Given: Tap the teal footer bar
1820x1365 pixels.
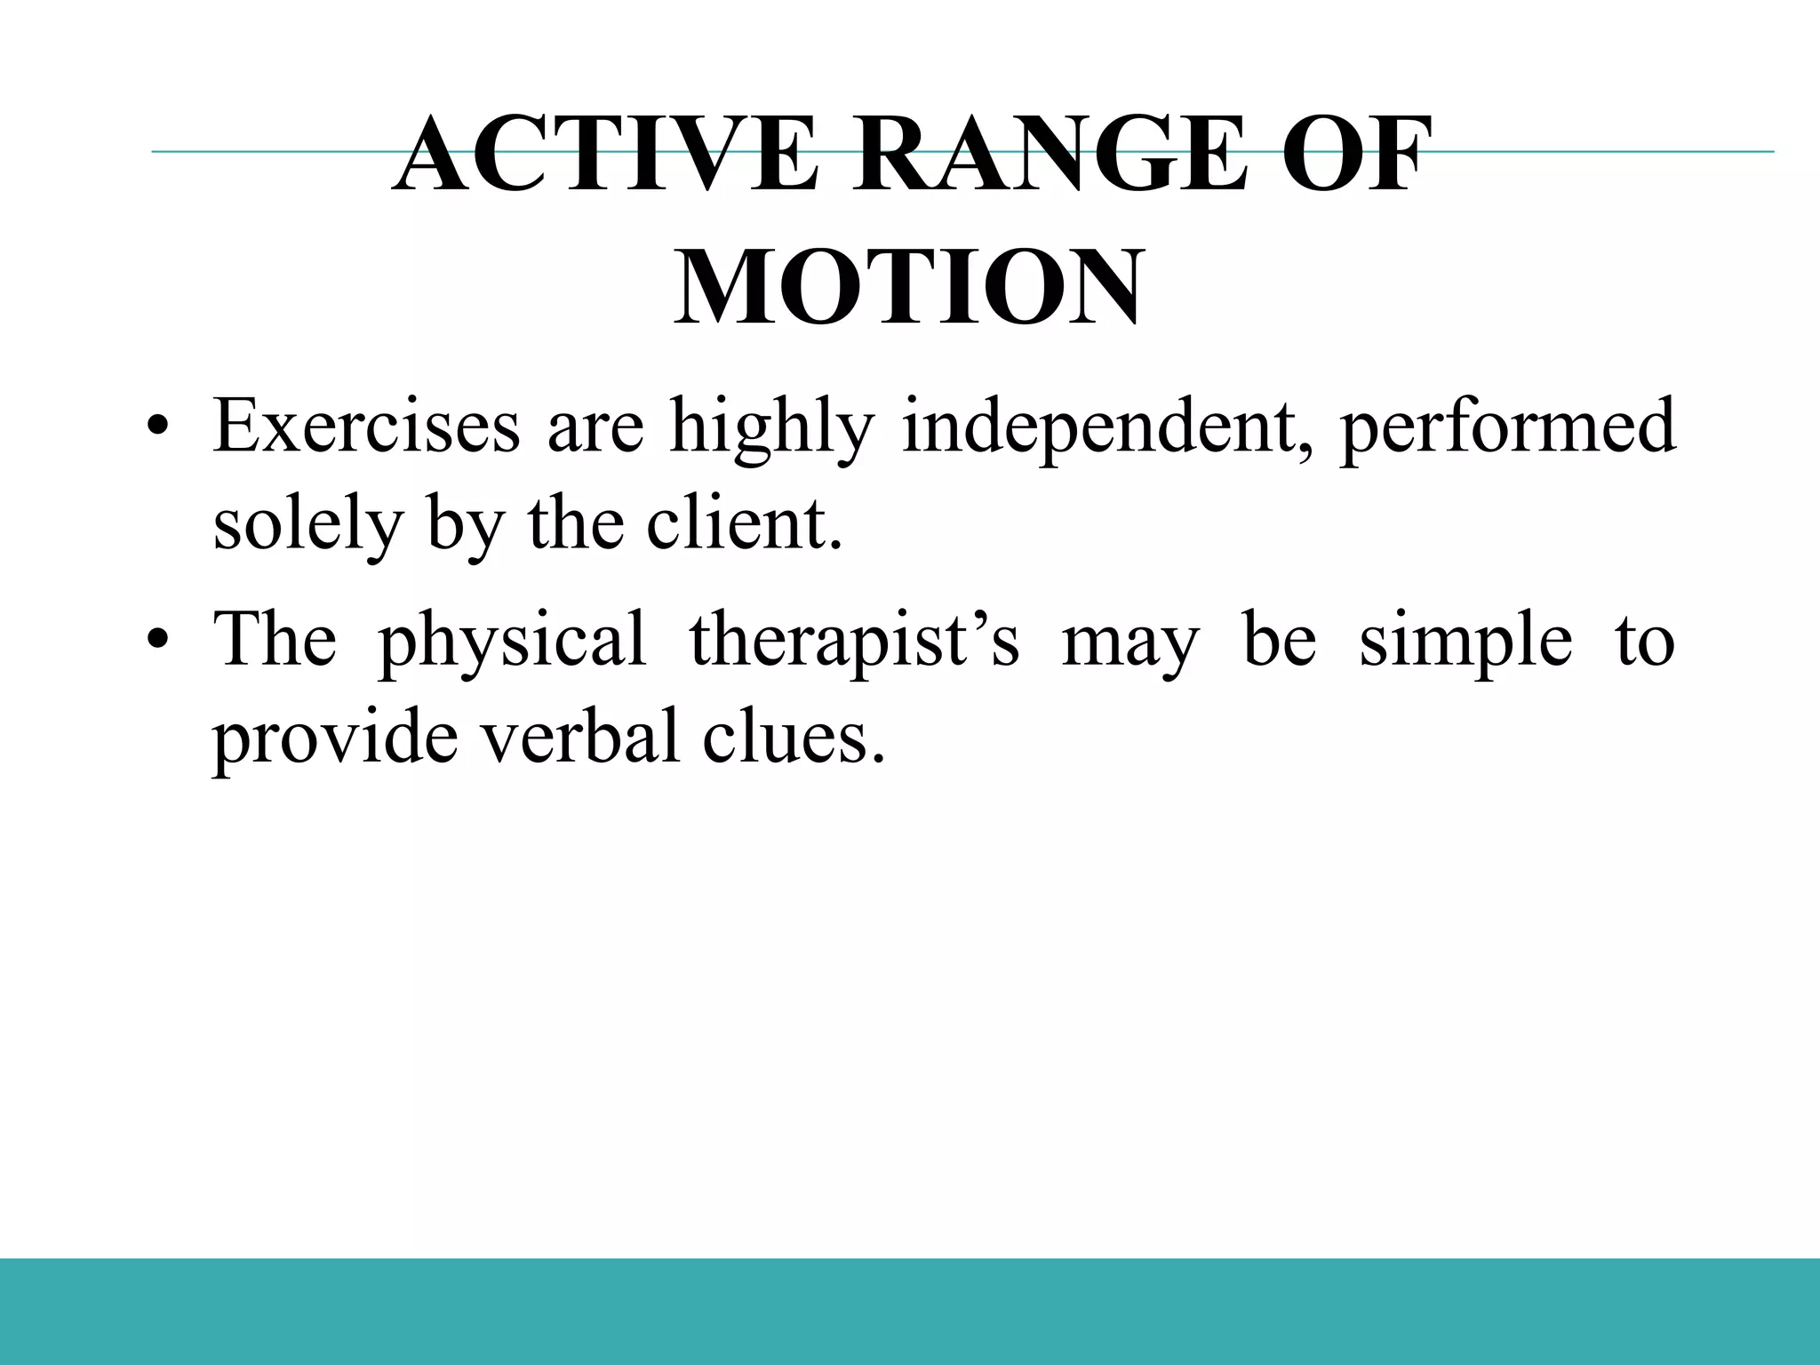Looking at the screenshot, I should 910,1312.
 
